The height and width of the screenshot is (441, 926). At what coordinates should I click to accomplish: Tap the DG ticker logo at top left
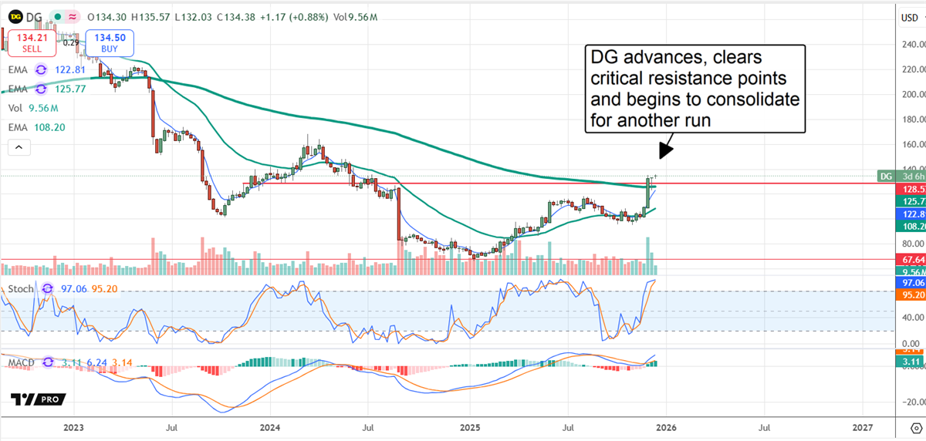tap(15, 16)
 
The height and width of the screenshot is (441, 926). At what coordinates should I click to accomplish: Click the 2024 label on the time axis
tap(270, 426)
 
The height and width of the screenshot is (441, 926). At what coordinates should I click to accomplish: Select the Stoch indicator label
tap(21, 288)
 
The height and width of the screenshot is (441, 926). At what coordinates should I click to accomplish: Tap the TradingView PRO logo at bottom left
tap(38, 399)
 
